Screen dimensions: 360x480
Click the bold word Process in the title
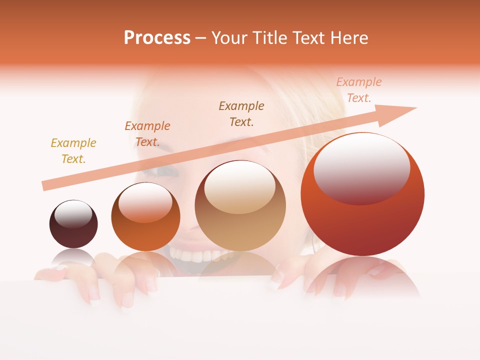click(x=157, y=38)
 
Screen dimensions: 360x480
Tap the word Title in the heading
click(x=270, y=38)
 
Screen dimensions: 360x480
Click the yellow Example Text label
click(x=73, y=151)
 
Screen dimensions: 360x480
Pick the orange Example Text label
click(x=147, y=134)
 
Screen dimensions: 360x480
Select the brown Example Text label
click(x=241, y=114)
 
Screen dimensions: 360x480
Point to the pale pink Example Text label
click(x=359, y=90)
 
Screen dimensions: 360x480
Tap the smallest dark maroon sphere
click(x=73, y=224)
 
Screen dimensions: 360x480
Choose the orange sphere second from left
click(x=145, y=217)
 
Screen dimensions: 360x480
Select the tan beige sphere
click(x=240, y=206)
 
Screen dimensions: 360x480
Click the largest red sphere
click(x=362, y=195)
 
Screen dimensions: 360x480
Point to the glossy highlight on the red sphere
click(x=361, y=168)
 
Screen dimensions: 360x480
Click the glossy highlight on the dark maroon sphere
click(x=73, y=214)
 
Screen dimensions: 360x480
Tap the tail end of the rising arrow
click(x=44, y=186)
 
